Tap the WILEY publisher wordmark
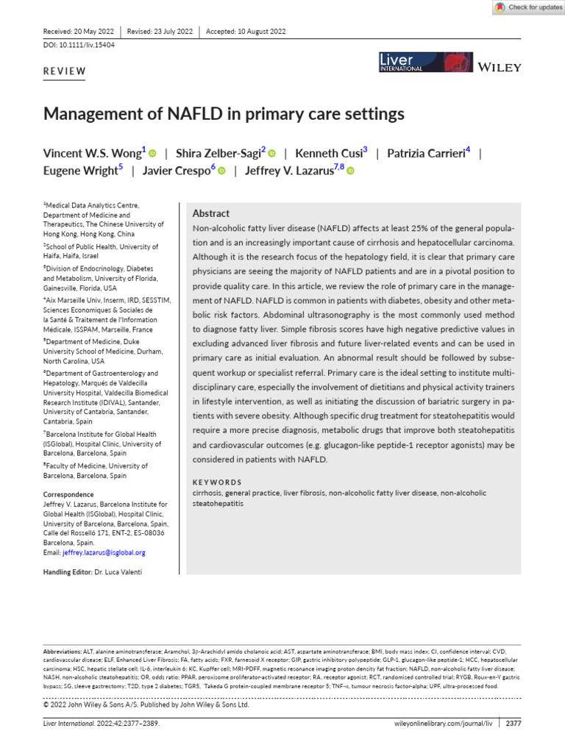pyautogui.click(x=500, y=67)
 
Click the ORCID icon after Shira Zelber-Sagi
pyautogui.click(x=271, y=154)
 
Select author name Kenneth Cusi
pyautogui.click(x=328, y=154)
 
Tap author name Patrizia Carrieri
pyautogui.click(x=426, y=154)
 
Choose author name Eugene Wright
pyautogui.click(x=80, y=170)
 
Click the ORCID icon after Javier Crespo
pyautogui.click(x=221, y=171)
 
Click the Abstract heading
pyautogui.click(x=211, y=213)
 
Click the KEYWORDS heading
pyautogui.click(x=216, y=482)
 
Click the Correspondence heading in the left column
pyautogui.click(x=69, y=495)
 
